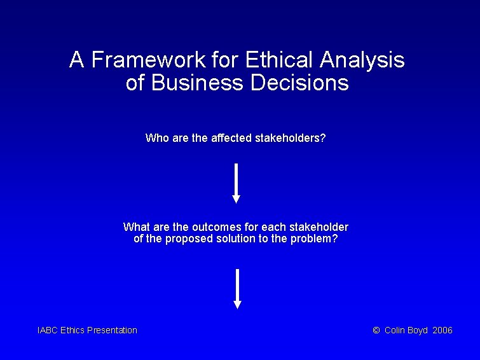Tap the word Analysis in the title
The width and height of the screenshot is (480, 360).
362,60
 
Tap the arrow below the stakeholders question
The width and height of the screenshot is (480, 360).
237,183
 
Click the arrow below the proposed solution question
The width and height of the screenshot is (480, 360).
237,289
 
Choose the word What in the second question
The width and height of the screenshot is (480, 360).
136,227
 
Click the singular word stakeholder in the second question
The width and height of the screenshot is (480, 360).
319,227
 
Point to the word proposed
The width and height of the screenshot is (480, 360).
186,239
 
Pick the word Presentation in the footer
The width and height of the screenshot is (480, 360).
112,330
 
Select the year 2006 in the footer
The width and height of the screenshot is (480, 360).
442,330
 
